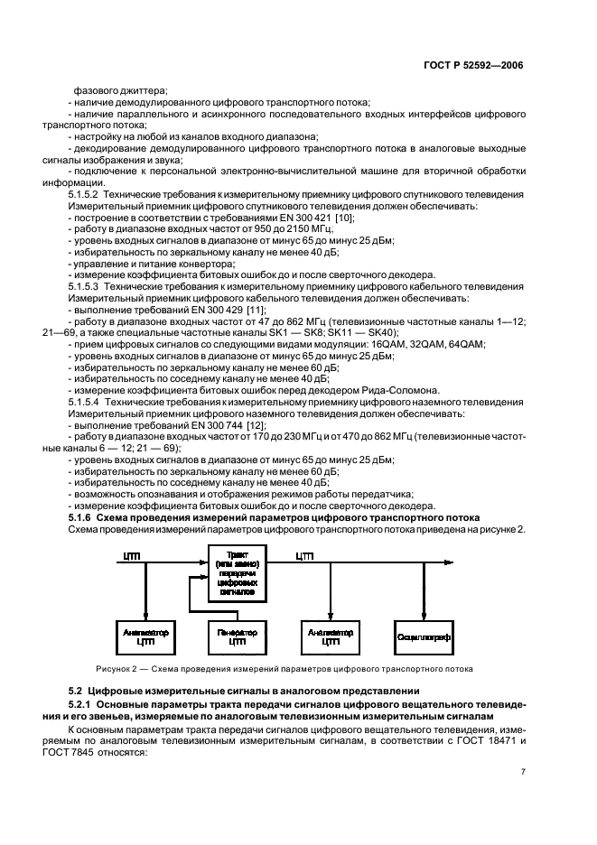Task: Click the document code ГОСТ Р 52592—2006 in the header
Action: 476,66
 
